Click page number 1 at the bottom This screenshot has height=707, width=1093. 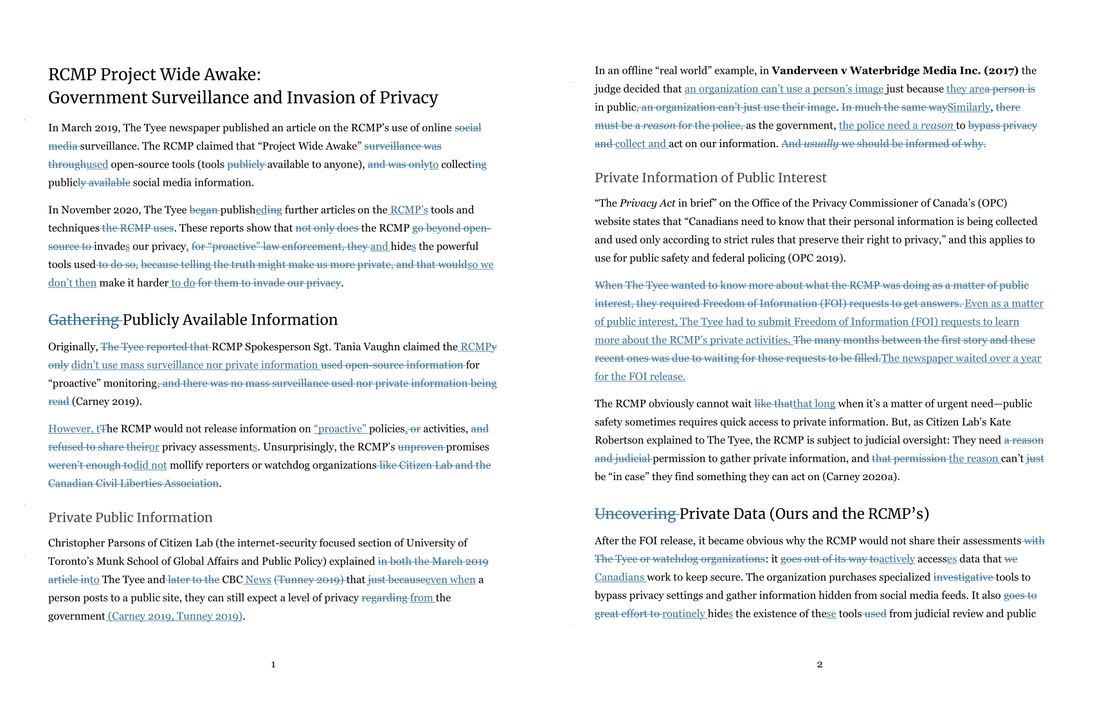point(273,664)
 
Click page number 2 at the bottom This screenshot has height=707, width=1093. point(819,664)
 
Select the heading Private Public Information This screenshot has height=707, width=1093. point(130,517)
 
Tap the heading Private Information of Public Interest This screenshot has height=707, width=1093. point(710,177)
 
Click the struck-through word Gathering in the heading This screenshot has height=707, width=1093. point(84,319)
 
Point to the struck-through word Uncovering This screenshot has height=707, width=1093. point(635,514)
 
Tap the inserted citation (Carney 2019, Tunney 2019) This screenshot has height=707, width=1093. point(175,616)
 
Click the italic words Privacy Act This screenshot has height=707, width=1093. point(647,204)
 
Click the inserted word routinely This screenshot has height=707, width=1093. point(683,614)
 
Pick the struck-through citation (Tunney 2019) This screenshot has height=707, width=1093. point(309,580)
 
